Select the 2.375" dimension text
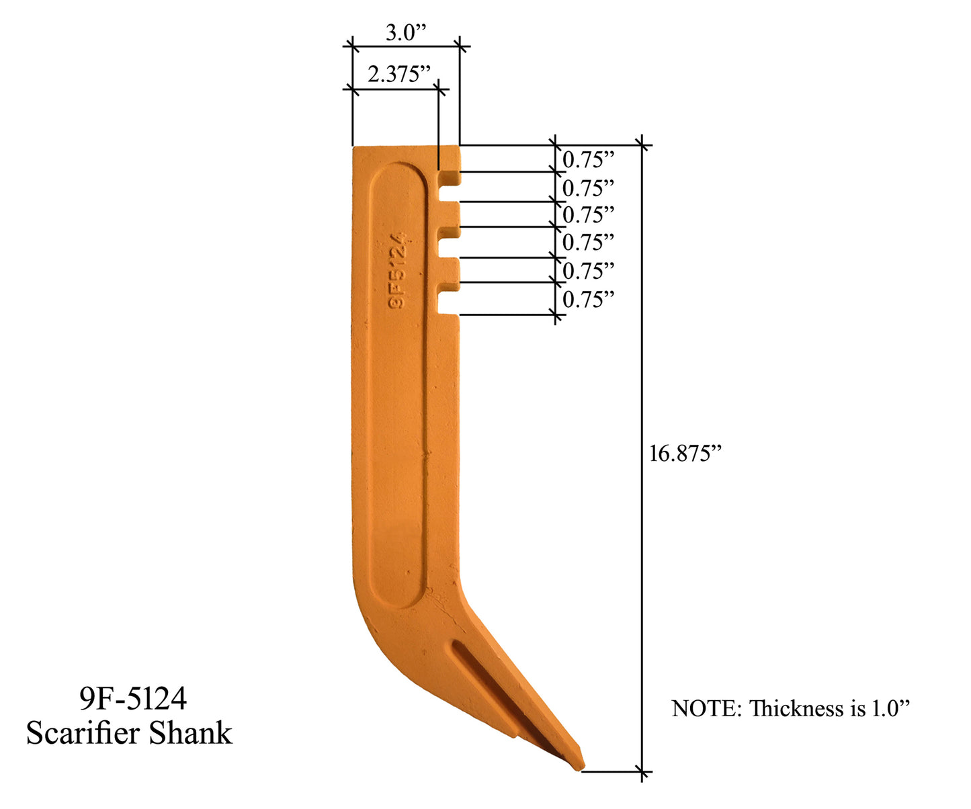click(398, 73)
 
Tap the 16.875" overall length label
click(685, 454)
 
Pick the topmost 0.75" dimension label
click(588, 160)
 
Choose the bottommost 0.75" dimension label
click(588, 300)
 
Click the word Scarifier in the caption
click(83, 733)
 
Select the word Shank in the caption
click(191, 733)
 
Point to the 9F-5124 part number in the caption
click(133, 699)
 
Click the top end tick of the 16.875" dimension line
click(642, 144)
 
